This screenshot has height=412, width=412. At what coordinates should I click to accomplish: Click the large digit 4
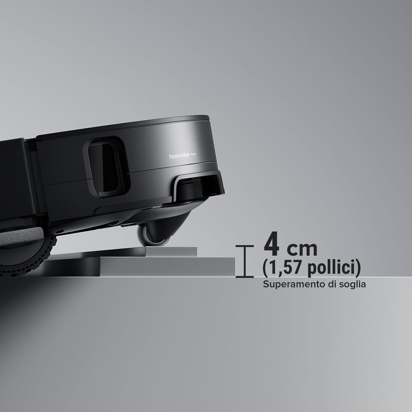[272, 243]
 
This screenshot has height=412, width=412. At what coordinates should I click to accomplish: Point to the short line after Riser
[193, 154]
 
